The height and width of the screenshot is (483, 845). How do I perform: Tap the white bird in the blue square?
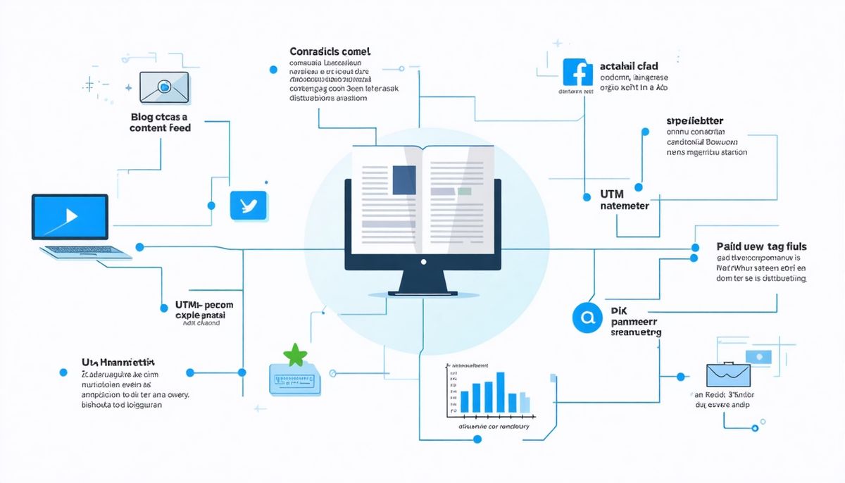pyautogui.click(x=249, y=206)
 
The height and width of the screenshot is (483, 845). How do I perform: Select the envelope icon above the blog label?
pyautogui.click(x=164, y=87)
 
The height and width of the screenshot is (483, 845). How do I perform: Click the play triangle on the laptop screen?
pyautogui.click(x=70, y=215)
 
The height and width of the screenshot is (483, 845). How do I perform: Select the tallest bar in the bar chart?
pyautogui.click(x=501, y=392)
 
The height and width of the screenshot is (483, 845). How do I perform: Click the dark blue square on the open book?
pyautogui.click(x=404, y=180)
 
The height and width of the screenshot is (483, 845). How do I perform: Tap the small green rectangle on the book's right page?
pyautogui.click(x=464, y=191)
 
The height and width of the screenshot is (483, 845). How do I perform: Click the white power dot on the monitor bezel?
pyautogui.click(x=423, y=262)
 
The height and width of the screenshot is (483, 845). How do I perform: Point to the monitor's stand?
pyautogui.click(x=423, y=282)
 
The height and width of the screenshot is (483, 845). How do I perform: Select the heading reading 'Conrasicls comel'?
pyautogui.click(x=330, y=52)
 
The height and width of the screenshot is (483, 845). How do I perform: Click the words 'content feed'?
pyautogui.click(x=161, y=128)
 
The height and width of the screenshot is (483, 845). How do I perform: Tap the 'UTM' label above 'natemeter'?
pyautogui.click(x=613, y=193)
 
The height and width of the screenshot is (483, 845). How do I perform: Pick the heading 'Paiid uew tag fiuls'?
pyautogui.click(x=761, y=247)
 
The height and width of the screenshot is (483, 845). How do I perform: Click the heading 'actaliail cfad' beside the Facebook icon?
pyautogui.click(x=629, y=66)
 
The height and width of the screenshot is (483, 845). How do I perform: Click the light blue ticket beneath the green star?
pyautogui.click(x=295, y=379)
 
